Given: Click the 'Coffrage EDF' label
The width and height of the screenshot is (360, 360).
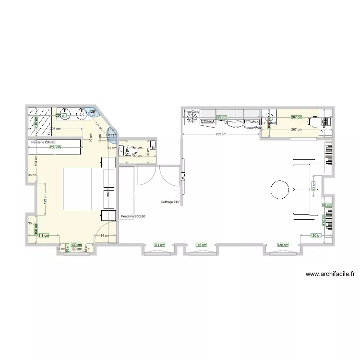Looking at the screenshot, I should click(170, 202).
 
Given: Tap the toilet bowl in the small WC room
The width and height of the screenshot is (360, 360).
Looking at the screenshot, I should click(127, 151).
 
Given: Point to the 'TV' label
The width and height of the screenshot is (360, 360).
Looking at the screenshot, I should click(183, 177).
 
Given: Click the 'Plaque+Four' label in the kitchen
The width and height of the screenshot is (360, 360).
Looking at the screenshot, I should click(252, 128).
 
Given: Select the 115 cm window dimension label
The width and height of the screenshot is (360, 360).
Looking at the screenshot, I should click(202, 245).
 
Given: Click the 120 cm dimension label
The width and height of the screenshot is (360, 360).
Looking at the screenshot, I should click(315, 236).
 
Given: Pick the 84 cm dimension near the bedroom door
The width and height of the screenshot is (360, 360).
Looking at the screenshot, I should click(105, 236).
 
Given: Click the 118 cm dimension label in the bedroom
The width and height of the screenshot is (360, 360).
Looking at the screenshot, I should click(44, 236).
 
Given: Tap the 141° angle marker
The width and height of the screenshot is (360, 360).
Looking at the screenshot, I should click(111, 136).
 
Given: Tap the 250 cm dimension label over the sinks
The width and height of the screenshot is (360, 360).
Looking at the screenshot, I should click(61, 115).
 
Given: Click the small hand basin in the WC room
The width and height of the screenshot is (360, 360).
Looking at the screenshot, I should click(152, 144).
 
